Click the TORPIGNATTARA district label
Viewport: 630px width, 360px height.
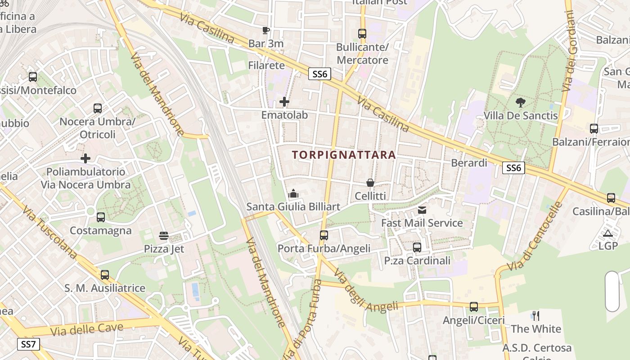pos(344,155)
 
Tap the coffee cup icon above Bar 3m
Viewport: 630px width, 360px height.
pos(266,30)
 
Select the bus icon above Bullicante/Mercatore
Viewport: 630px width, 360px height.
pos(362,33)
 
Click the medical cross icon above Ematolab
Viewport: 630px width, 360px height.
pos(284,102)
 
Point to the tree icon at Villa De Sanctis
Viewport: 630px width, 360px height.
pos(521,103)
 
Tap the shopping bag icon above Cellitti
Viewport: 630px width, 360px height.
pos(370,183)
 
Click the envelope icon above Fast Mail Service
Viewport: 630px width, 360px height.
pos(422,210)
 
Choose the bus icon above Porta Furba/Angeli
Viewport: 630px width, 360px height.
pos(324,235)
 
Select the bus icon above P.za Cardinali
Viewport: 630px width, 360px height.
pos(417,247)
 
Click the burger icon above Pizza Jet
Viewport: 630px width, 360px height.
pos(164,235)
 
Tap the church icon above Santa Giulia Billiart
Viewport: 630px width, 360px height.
pos(293,193)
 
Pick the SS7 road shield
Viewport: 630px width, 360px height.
pos(29,345)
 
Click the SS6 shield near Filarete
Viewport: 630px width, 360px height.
pos(319,74)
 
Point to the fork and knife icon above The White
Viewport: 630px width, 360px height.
pos(536,315)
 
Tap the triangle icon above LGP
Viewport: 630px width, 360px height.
pos(608,233)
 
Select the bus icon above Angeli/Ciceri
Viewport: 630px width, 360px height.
pos(474,307)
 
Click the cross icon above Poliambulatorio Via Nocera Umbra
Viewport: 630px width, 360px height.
pos(85,158)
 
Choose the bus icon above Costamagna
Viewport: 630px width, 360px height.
pos(101,217)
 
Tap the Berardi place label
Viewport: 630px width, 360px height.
pos(469,163)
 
